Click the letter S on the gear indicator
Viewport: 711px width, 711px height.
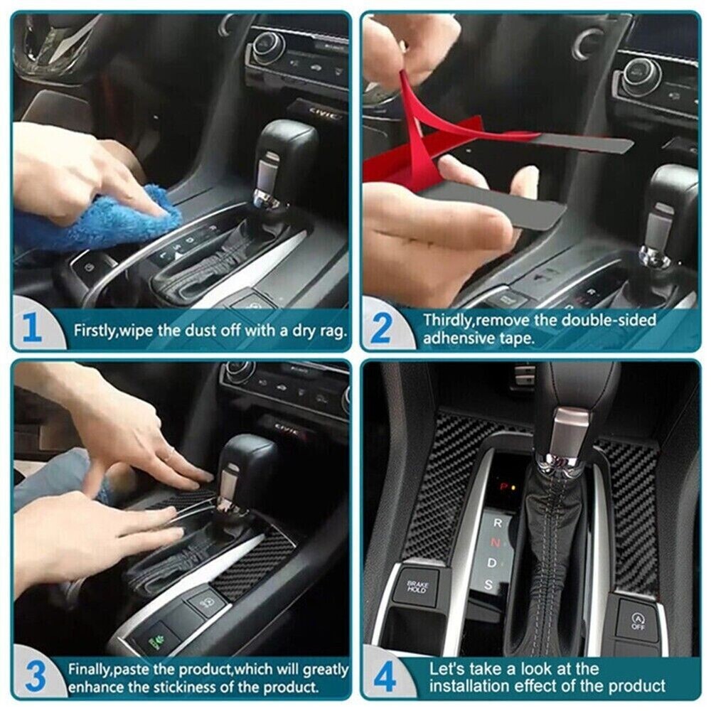pos(488,584)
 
